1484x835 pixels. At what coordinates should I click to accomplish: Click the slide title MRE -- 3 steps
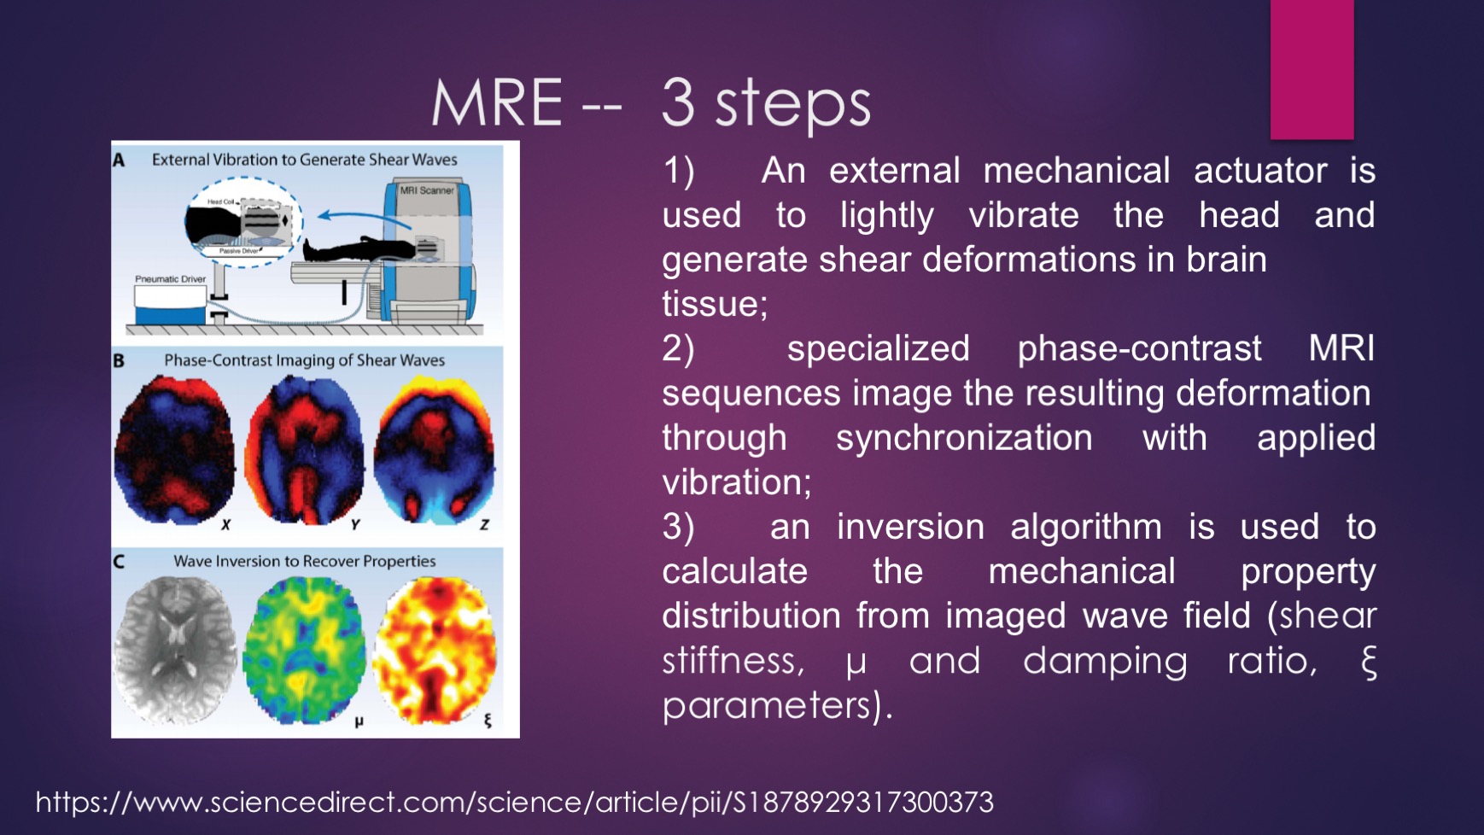point(651,103)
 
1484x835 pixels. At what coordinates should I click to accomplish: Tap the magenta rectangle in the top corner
point(1312,69)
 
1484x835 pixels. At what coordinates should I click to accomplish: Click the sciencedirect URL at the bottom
point(514,803)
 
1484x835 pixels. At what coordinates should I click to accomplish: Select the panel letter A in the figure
point(119,160)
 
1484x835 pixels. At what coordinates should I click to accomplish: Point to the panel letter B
point(119,360)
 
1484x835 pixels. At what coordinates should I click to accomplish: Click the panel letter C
point(119,561)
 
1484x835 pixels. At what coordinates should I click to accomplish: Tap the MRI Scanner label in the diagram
point(427,190)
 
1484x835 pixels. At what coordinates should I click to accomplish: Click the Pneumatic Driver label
point(170,279)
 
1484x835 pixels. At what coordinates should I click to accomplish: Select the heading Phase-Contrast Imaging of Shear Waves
point(305,360)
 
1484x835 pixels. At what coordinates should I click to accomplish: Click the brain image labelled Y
point(304,450)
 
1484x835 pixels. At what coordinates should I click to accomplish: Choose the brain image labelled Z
point(434,450)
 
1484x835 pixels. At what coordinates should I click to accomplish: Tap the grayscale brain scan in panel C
point(175,651)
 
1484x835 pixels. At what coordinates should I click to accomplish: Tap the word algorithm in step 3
point(1086,528)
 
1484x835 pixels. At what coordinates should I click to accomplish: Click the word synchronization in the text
point(964,438)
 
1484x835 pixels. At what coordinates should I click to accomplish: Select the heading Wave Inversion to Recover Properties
point(305,561)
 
